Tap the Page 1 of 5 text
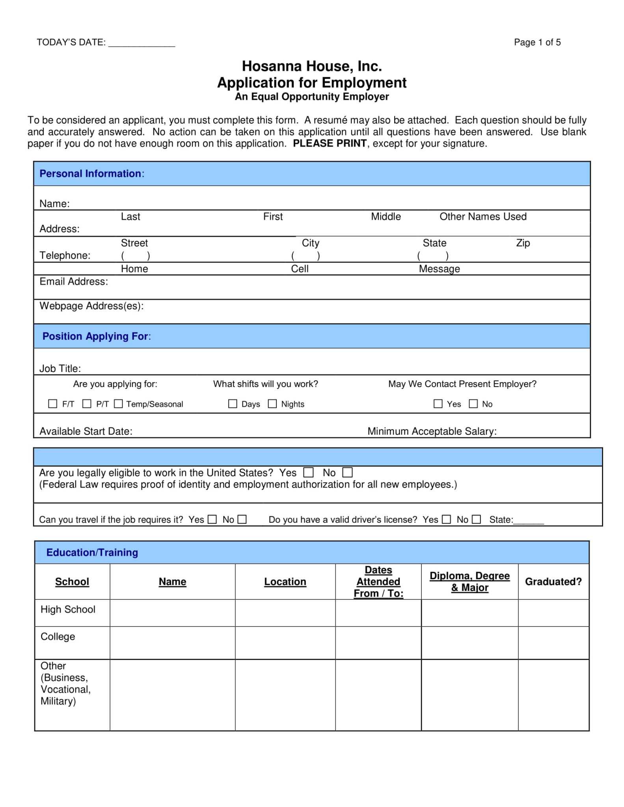click(x=537, y=43)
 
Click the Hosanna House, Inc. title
click(x=312, y=66)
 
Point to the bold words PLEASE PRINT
click(x=330, y=143)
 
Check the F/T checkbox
click(x=52, y=403)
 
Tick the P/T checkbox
click(x=87, y=403)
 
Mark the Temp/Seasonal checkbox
click(x=118, y=403)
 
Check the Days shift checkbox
click(x=233, y=403)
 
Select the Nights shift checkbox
click(x=272, y=403)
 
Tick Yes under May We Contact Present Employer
click(x=438, y=403)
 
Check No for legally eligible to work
click(x=347, y=472)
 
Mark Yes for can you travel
click(x=212, y=519)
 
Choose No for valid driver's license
click(x=477, y=519)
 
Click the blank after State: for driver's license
click(x=529, y=520)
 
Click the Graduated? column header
click(x=553, y=582)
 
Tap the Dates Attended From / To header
click(x=378, y=582)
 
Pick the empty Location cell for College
click(x=285, y=643)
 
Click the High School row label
click(x=68, y=610)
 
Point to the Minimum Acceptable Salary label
click(x=432, y=431)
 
